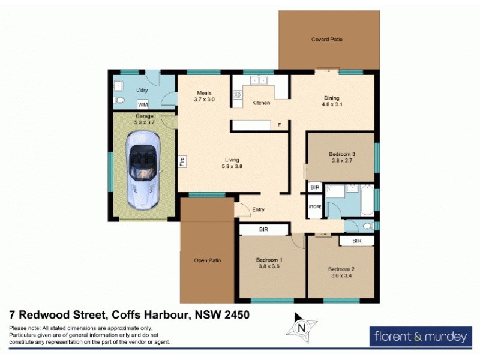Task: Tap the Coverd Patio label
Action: click(326, 40)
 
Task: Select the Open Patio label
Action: click(208, 260)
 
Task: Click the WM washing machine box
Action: click(143, 103)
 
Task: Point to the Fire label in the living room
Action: click(182, 161)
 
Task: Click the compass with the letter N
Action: click(302, 328)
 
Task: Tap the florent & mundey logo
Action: click(419, 337)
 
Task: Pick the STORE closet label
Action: click(315, 207)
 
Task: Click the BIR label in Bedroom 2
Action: click(357, 241)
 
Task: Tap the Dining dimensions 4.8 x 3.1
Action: click(332, 105)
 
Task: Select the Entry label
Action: click(259, 209)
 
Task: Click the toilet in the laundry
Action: click(120, 100)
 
